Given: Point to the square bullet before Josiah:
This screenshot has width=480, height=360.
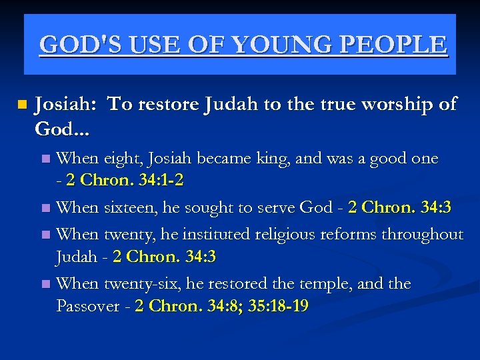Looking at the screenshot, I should click(23, 105).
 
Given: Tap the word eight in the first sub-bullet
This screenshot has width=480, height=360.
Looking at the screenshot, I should click(121, 159).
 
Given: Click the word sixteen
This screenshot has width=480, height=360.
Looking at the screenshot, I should click(131, 207).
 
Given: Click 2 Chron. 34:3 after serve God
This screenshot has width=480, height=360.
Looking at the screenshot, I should click(399, 207).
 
